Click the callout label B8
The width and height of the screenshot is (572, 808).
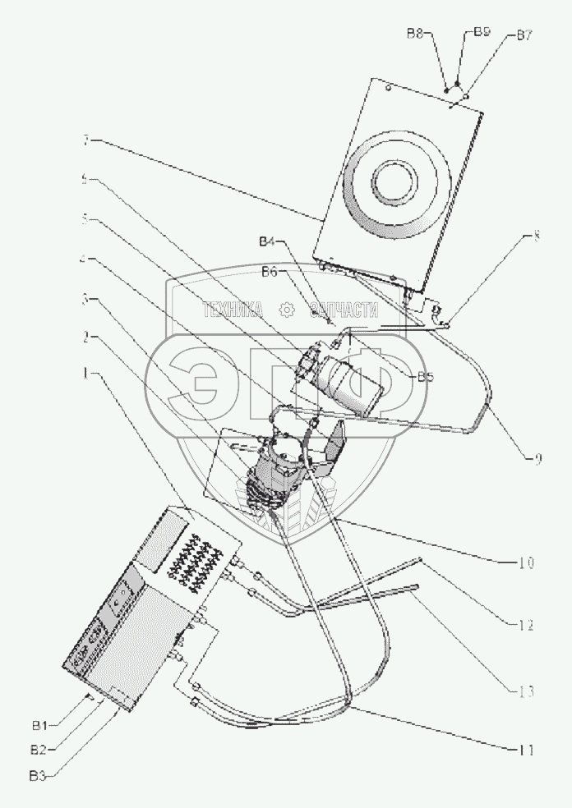point(415,34)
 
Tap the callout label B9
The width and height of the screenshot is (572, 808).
point(482,32)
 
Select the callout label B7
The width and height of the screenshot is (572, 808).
point(524,35)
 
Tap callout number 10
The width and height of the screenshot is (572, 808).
point(526,563)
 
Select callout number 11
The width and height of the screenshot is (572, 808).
point(526,750)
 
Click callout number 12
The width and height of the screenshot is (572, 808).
point(527,626)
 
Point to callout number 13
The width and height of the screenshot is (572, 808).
point(527,691)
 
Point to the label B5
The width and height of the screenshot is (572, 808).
point(426,378)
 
